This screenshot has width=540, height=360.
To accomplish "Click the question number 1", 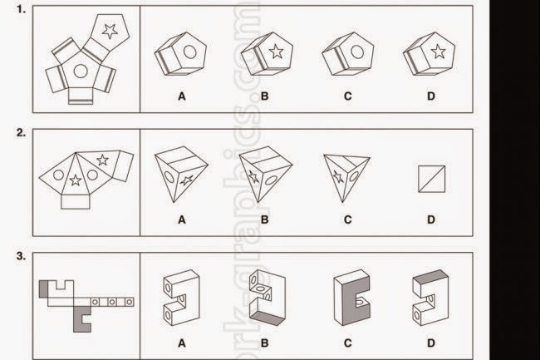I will click(x=21, y=11).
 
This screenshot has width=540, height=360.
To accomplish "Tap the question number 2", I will click(x=21, y=131).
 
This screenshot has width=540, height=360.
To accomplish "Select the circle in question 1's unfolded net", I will click(x=81, y=72).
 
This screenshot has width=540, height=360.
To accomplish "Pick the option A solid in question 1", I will click(x=179, y=58).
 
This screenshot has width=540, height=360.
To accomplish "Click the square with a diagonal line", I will click(x=432, y=178).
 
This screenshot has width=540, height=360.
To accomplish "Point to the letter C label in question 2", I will click(x=346, y=220).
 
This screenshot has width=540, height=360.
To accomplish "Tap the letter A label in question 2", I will click(x=180, y=220).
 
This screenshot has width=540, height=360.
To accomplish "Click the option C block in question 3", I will click(x=349, y=300).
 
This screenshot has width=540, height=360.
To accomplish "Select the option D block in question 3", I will click(x=430, y=300).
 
